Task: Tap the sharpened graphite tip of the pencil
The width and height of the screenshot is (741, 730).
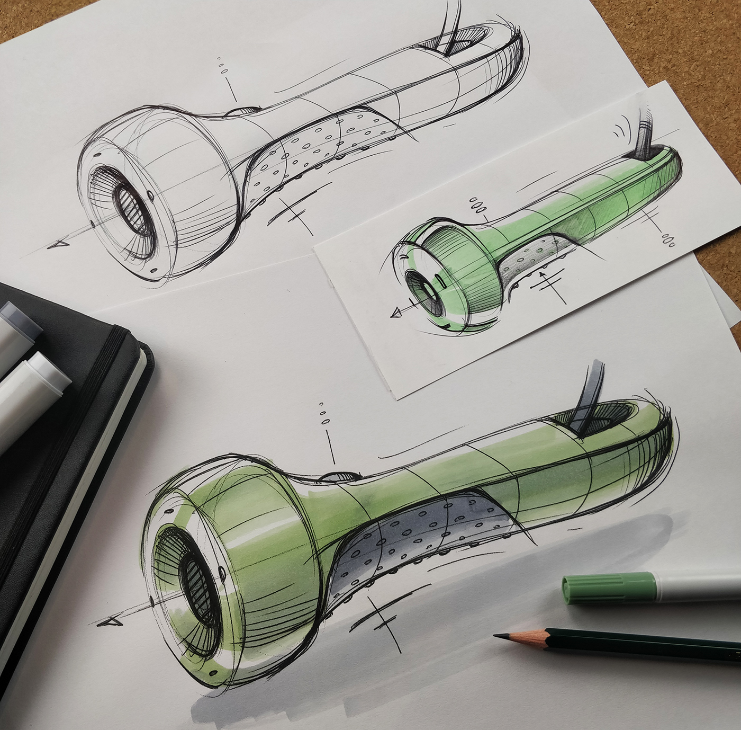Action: pyautogui.click(x=498, y=636)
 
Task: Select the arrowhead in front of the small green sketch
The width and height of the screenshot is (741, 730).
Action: pyautogui.click(x=395, y=314)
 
